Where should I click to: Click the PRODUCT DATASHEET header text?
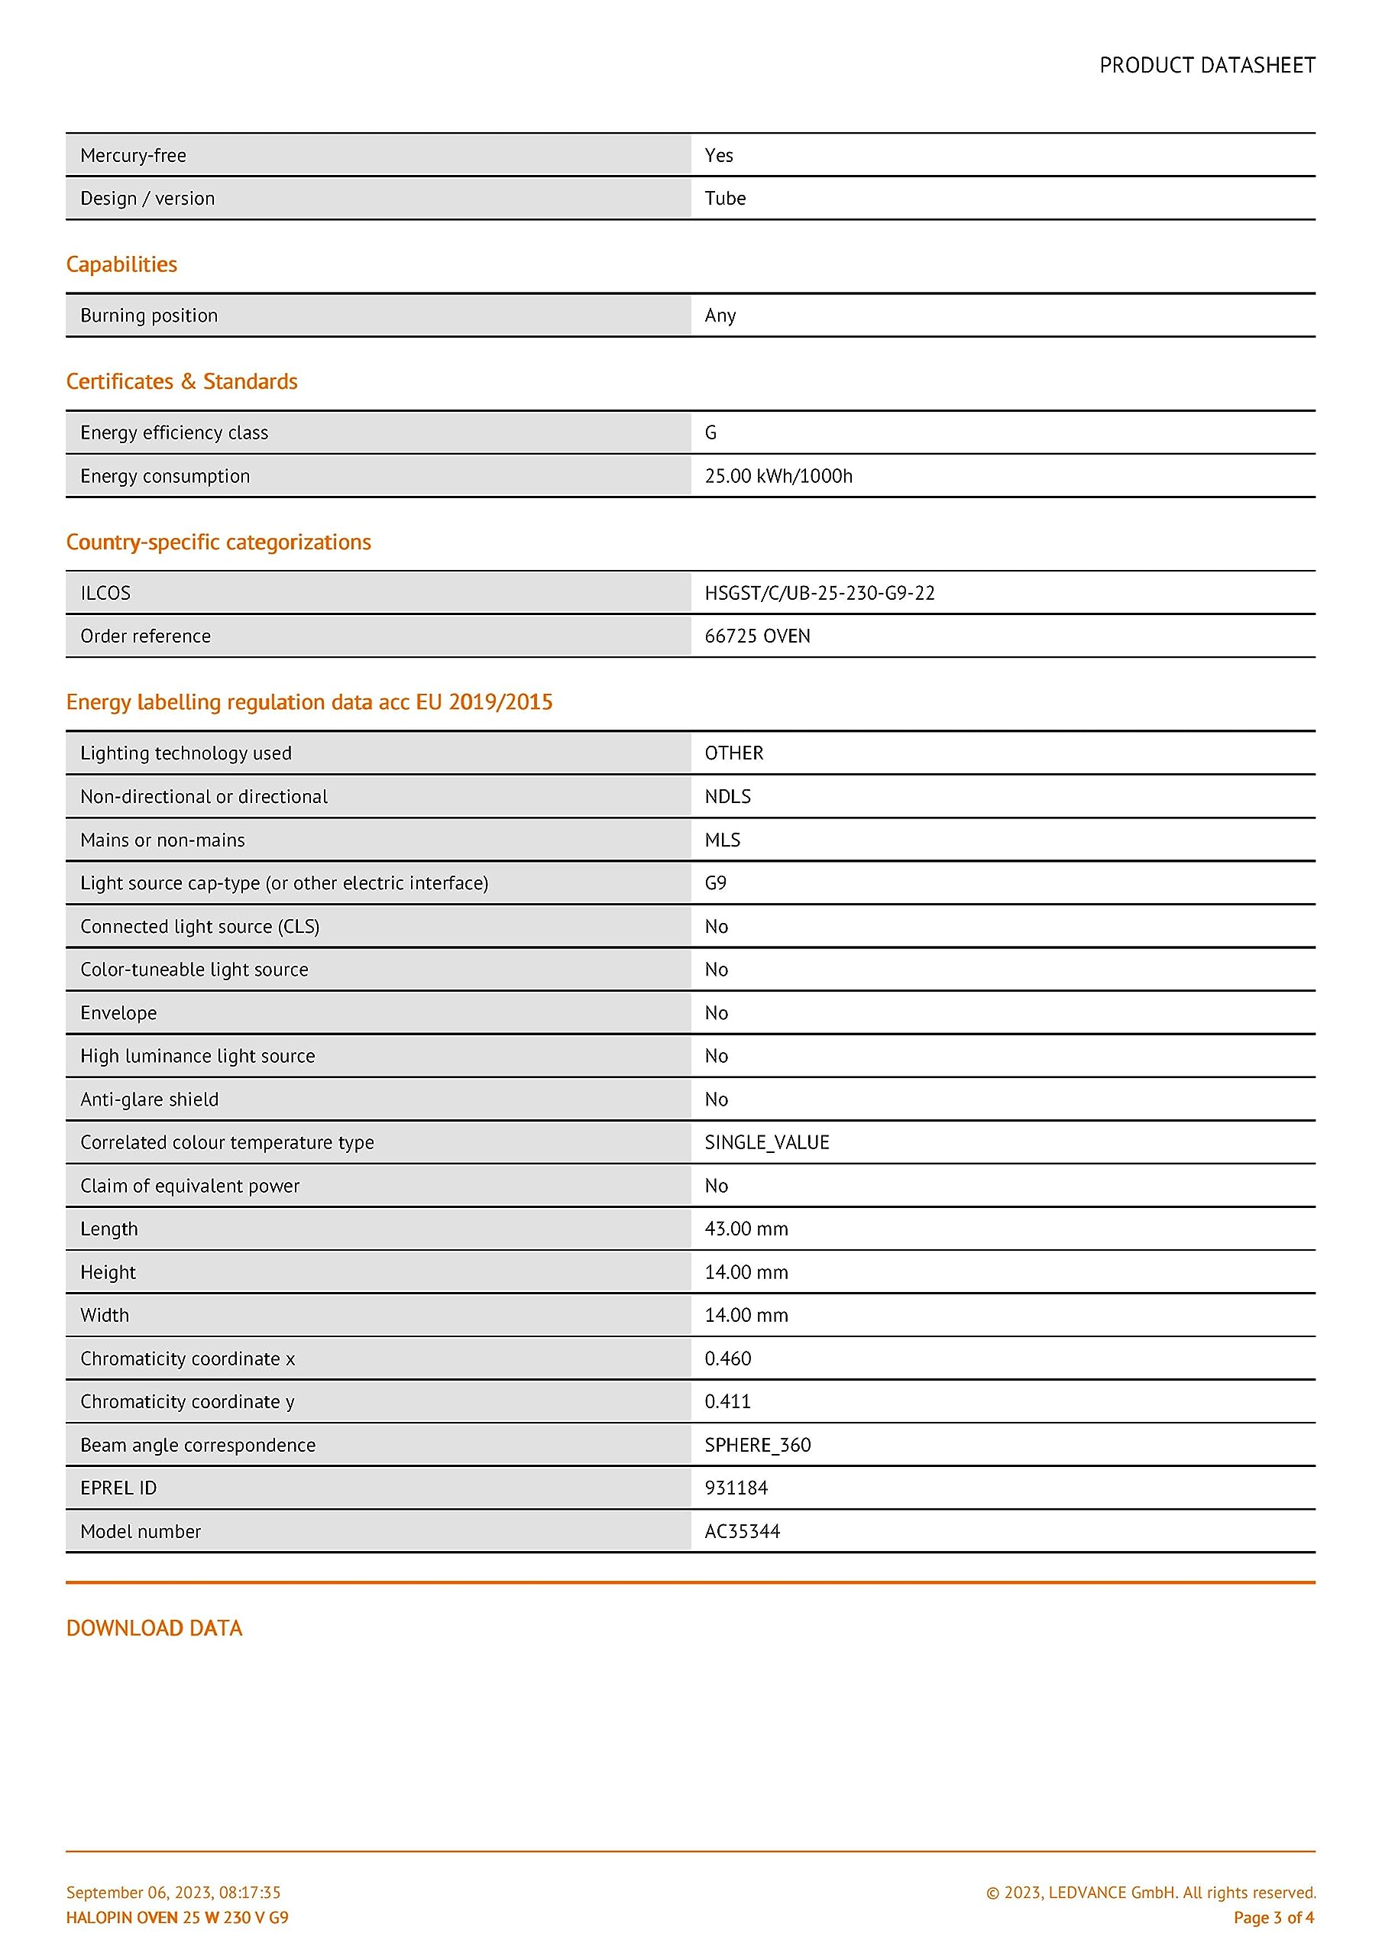pyautogui.click(x=1206, y=66)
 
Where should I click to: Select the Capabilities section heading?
pyautogui.click(x=121, y=264)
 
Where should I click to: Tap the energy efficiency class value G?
pyautogui.click(x=710, y=432)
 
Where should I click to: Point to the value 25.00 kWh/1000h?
pyautogui.click(x=778, y=476)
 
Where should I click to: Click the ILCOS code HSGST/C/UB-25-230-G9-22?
pyautogui.click(x=819, y=593)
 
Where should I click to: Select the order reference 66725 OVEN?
pyautogui.click(x=756, y=636)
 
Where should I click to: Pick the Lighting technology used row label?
pyautogui.click(x=186, y=753)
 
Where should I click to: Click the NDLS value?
pyautogui.click(x=727, y=797)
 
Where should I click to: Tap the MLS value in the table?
pyautogui.click(x=723, y=840)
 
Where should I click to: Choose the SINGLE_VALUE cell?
pyautogui.click(x=767, y=1142)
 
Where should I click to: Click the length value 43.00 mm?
pyautogui.click(x=746, y=1229)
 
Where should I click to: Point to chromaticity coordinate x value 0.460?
pyautogui.click(x=727, y=1358)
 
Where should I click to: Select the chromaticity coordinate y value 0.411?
pyautogui.click(x=727, y=1401)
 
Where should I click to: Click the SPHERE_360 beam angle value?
pyautogui.click(x=757, y=1445)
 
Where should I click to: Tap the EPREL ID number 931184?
pyautogui.click(x=736, y=1488)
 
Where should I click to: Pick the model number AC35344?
pyautogui.click(x=742, y=1531)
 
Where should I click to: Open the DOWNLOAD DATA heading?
pyautogui.click(x=154, y=1628)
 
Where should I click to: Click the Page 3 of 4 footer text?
pyautogui.click(x=1273, y=1918)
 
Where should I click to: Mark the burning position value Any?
pyautogui.click(x=720, y=316)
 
